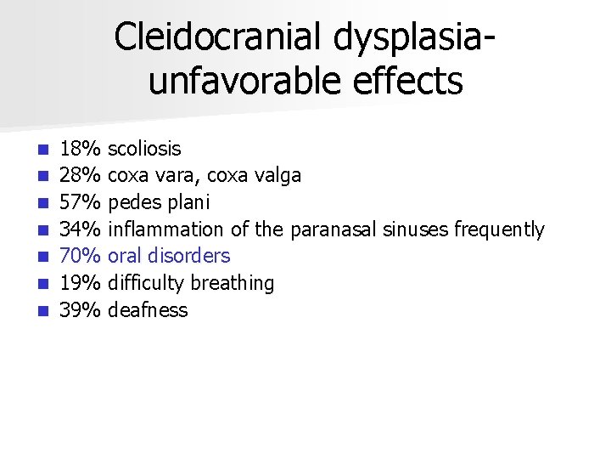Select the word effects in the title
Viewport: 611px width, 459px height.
[x=409, y=82]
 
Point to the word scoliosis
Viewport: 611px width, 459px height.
[x=145, y=150]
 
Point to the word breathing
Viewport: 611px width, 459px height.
[x=233, y=283]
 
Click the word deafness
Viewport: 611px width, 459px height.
[x=149, y=310]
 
